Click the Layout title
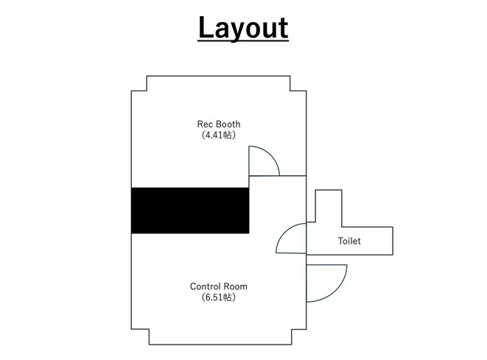[x=243, y=28]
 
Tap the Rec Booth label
[x=219, y=124]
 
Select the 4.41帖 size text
[x=219, y=135]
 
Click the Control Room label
[x=219, y=286]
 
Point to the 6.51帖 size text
[x=219, y=297]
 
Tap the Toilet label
[x=349, y=241]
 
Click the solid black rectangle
[x=190, y=211]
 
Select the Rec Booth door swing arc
[x=271, y=155]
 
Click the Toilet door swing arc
[x=284, y=232]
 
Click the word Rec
[x=204, y=124]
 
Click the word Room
[x=236, y=286]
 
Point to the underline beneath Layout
[x=243, y=40]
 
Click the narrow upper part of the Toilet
[x=329, y=205]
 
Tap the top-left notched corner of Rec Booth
[x=147, y=91]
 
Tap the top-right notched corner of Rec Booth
[x=290, y=91]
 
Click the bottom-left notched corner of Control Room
[x=149, y=329]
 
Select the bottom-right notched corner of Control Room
[x=292, y=329]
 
